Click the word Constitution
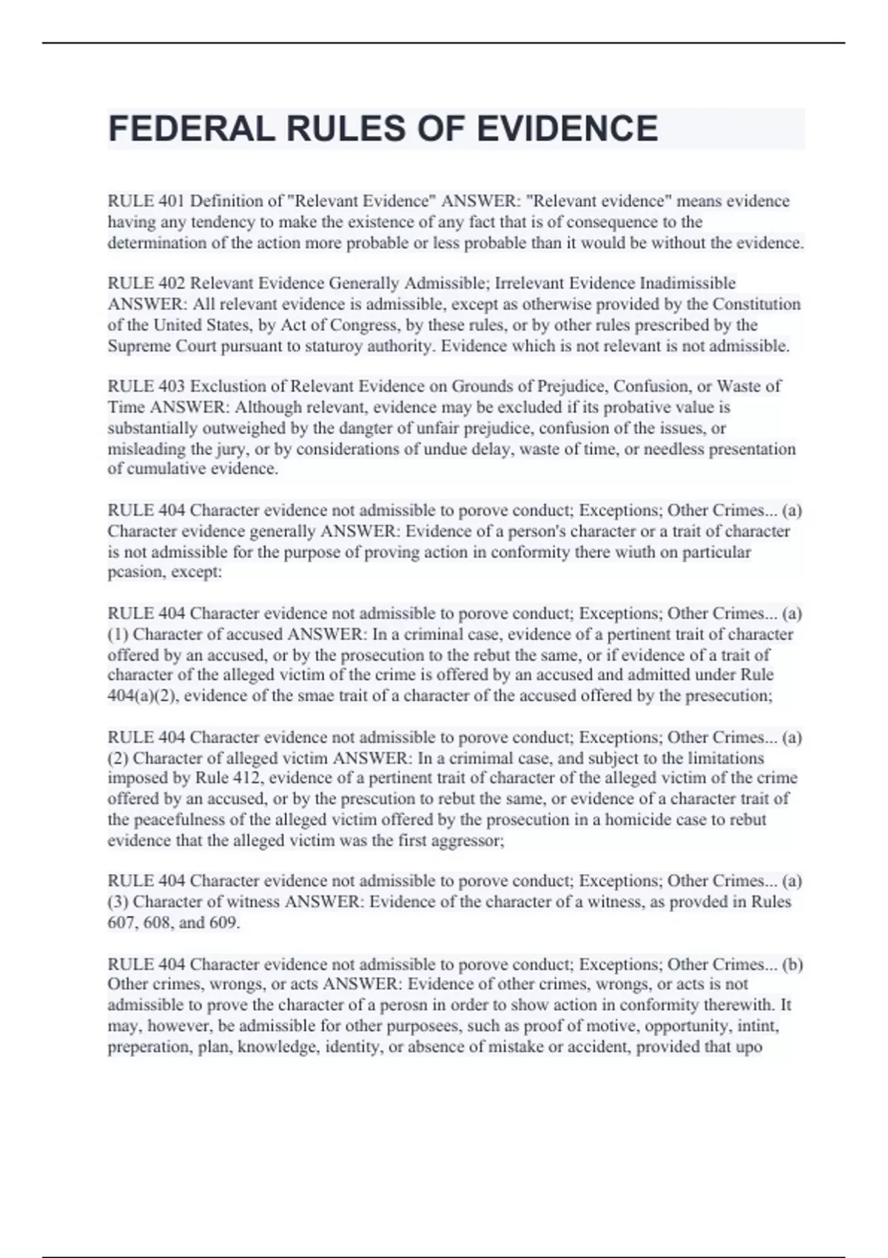click(756, 304)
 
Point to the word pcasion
click(134, 572)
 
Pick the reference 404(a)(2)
click(143, 696)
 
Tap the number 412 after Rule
click(248, 778)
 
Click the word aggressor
click(469, 841)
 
